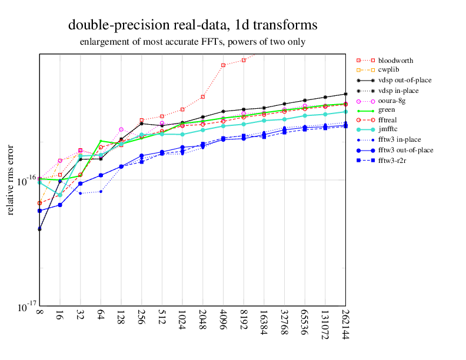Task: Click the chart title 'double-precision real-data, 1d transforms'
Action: click(x=192, y=25)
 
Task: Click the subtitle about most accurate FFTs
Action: click(x=192, y=42)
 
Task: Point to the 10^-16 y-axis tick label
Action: click(x=24, y=181)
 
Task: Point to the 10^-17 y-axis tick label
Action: click(x=24, y=308)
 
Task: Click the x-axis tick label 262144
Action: click(x=345, y=325)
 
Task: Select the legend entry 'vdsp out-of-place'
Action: click(x=406, y=81)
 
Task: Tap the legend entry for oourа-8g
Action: click(x=392, y=101)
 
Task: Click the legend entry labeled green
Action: click(x=387, y=110)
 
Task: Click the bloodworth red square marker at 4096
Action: click(x=223, y=65)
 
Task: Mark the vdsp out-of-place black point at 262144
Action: click(x=345, y=94)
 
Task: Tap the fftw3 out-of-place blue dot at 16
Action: click(x=60, y=205)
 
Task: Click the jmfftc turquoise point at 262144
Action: click(x=345, y=111)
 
